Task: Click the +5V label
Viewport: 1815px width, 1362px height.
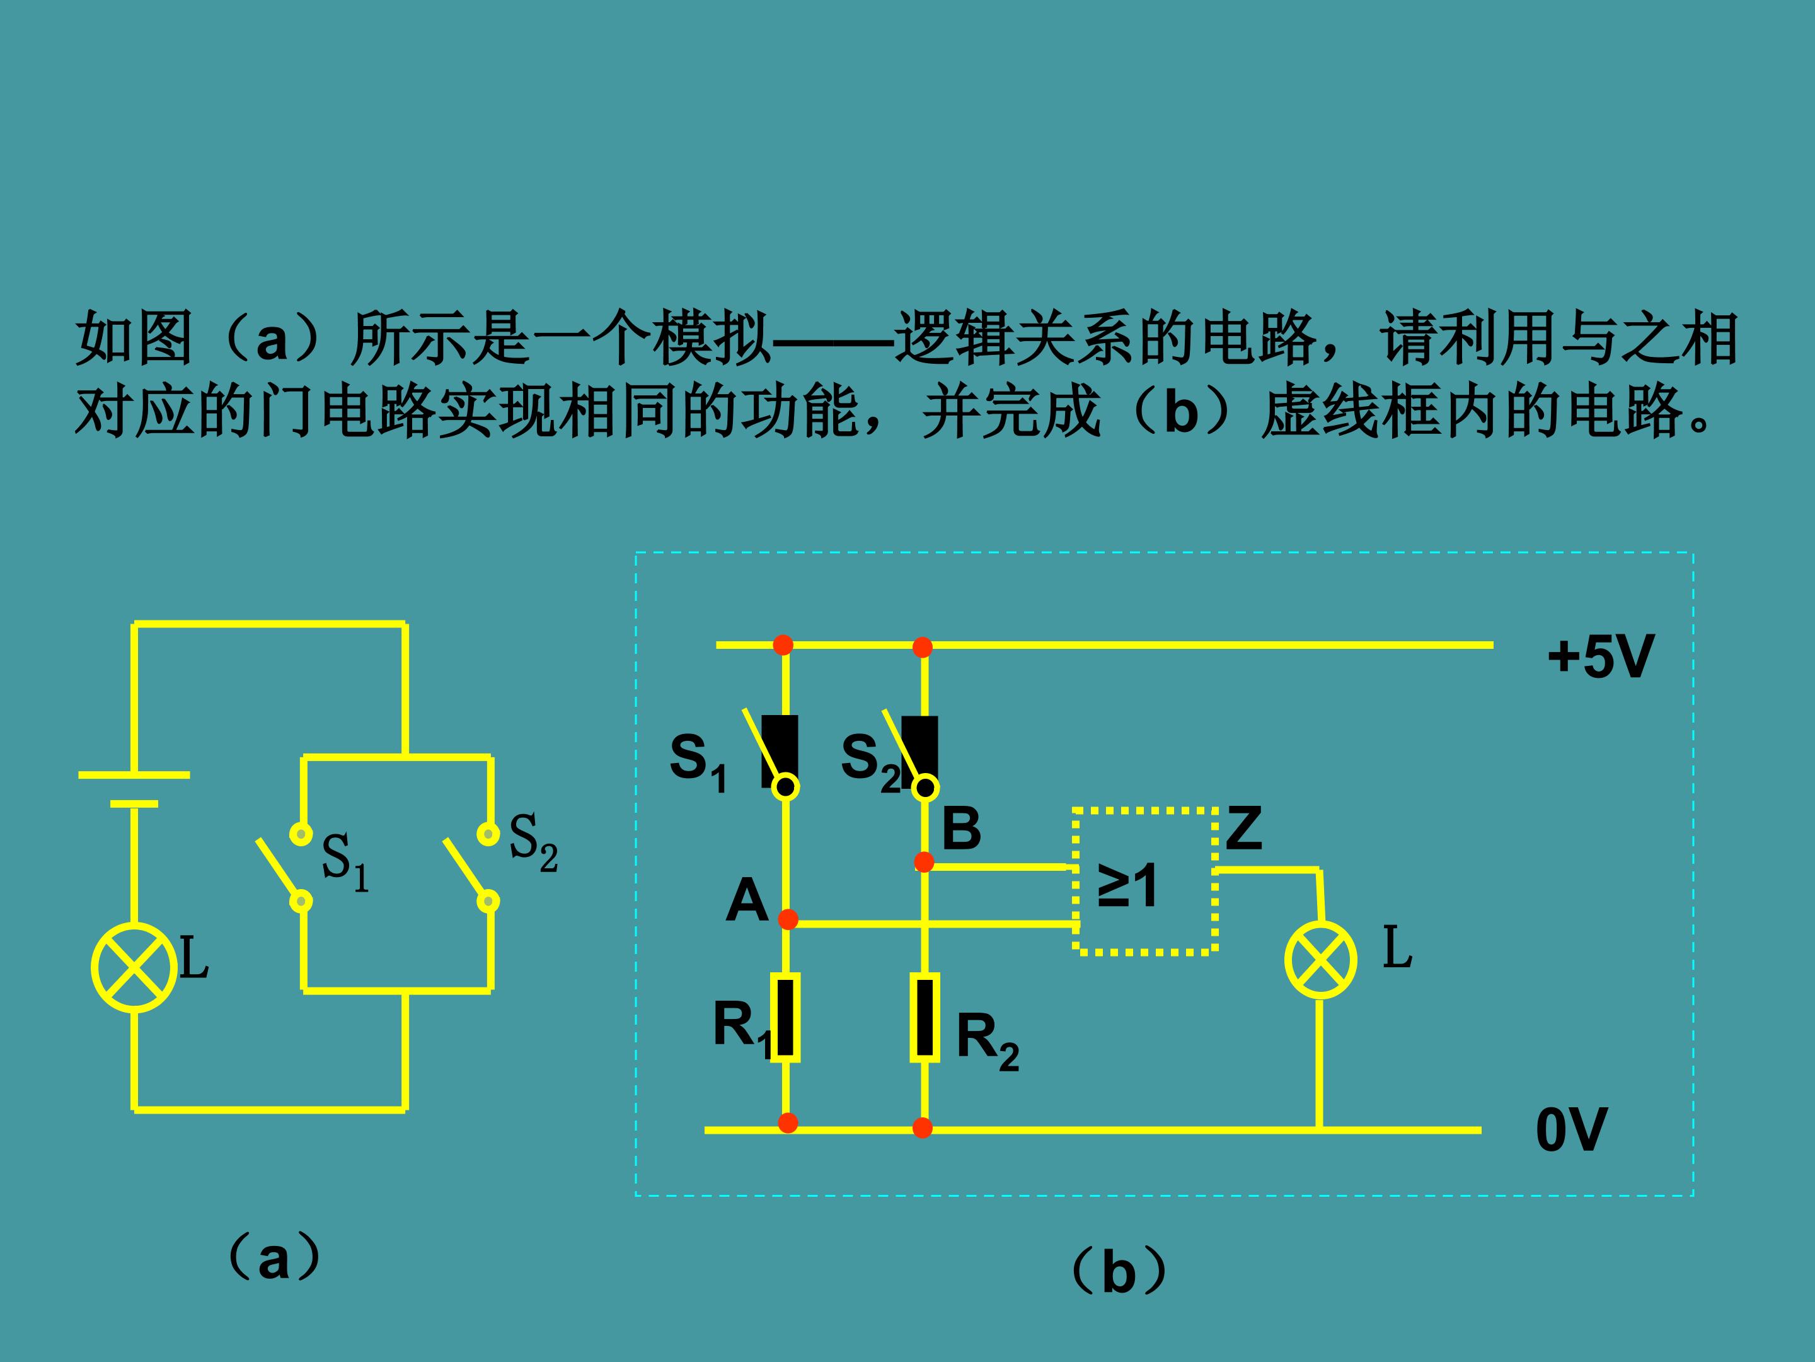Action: click(1599, 657)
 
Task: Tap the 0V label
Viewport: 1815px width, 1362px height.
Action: click(1571, 1130)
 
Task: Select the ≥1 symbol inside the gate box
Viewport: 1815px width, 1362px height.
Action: click(1127, 886)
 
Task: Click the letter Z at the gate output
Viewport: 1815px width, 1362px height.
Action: click(1243, 829)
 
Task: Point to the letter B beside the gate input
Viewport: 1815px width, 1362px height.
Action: click(961, 829)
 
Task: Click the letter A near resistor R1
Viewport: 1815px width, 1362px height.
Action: click(747, 900)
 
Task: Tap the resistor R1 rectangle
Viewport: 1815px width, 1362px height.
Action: click(785, 1017)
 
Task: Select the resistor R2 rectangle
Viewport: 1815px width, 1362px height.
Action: click(925, 1017)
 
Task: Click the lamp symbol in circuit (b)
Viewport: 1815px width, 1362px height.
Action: click(1320, 960)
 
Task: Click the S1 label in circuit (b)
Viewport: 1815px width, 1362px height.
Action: click(698, 761)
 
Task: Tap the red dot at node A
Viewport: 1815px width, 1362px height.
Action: click(788, 919)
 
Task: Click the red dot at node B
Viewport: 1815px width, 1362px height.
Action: click(925, 862)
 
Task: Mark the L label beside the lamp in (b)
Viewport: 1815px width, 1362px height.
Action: click(1397, 947)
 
